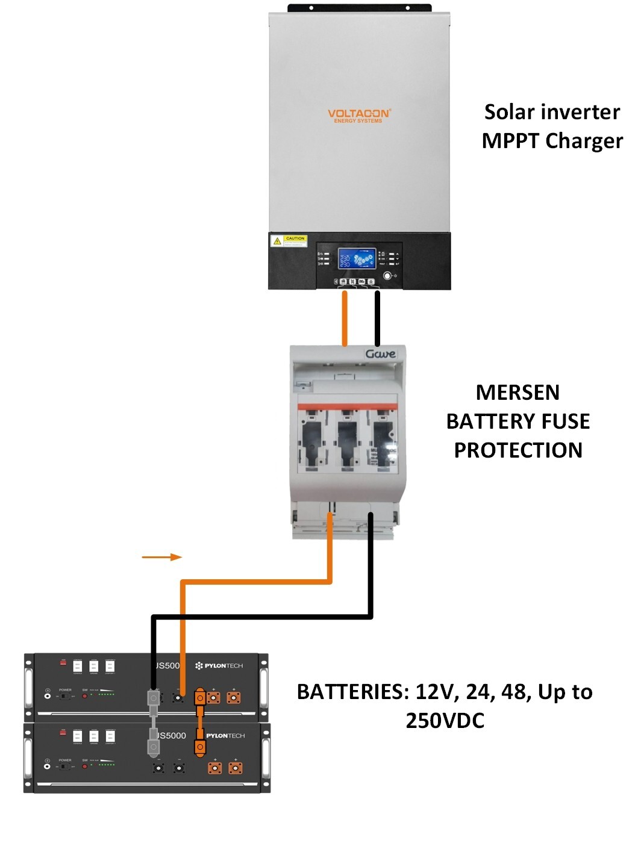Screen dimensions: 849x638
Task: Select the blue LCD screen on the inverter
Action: [x=357, y=260]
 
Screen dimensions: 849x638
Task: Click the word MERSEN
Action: [x=517, y=393]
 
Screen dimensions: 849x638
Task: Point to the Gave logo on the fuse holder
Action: [x=380, y=353]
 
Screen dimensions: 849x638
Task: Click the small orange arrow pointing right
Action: [x=161, y=557]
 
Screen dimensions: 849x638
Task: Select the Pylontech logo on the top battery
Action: [x=219, y=665]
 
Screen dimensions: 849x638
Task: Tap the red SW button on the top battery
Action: [x=85, y=695]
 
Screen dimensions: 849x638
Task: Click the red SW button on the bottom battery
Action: [x=85, y=765]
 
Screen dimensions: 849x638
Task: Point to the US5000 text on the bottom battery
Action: [x=171, y=735]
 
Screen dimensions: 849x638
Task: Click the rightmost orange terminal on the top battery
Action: [x=233, y=698]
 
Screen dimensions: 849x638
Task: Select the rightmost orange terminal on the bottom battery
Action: [x=235, y=768]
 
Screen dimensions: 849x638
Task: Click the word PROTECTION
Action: [x=518, y=450]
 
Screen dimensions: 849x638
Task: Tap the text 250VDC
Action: [x=445, y=721]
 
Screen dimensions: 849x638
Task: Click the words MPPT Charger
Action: [x=552, y=141]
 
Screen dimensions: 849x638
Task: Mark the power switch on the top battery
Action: [x=64, y=696]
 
